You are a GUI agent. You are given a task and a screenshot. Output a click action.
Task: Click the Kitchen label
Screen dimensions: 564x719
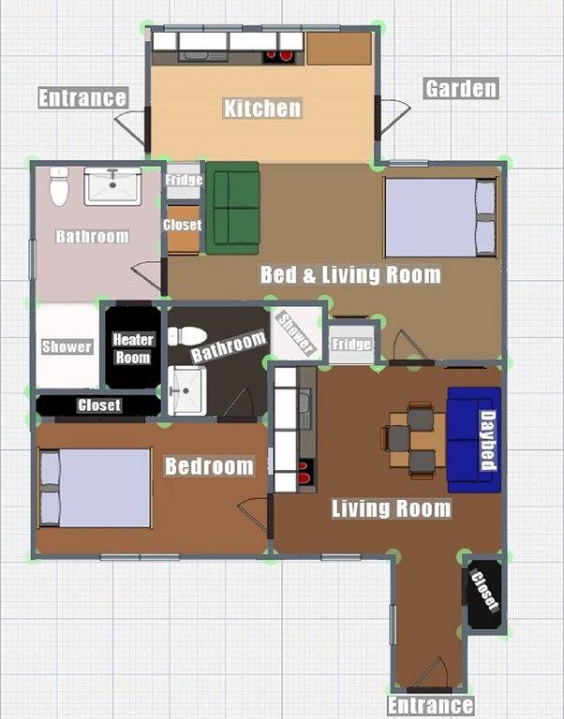tap(262, 109)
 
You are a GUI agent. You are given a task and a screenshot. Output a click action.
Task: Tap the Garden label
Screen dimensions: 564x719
tap(461, 89)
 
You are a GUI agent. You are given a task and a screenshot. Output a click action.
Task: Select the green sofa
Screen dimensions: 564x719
tap(232, 208)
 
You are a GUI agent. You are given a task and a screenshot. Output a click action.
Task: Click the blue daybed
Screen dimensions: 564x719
tap(474, 440)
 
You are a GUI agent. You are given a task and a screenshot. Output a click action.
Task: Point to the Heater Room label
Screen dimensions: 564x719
tap(133, 348)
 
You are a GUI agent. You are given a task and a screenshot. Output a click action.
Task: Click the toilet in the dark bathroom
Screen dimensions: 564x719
tap(187, 336)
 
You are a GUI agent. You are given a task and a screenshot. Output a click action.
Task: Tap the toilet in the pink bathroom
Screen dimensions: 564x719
tap(59, 186)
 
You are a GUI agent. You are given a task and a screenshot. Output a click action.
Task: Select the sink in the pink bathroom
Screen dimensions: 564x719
tap(112, 185)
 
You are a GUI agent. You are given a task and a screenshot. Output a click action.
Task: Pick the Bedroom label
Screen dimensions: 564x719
tap(209, 466)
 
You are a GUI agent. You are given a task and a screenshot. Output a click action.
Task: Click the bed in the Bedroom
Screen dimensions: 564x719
tap(96, 488)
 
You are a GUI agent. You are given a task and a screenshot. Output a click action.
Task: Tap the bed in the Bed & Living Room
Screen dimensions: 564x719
tap(441, 217)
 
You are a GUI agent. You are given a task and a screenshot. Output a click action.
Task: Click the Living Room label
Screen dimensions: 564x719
tap(392, 508)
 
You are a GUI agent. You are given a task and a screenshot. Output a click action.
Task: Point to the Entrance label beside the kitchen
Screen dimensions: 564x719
tap(82, 97)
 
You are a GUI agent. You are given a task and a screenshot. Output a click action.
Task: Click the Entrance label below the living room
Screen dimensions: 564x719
tap(430, 706)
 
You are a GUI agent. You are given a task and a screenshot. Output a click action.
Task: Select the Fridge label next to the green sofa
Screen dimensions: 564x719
tap(184, 180)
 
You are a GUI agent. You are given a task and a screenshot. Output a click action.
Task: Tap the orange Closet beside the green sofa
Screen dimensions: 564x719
tap(183, 229)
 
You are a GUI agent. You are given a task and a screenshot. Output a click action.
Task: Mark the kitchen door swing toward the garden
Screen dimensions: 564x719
tap(393, 117)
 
